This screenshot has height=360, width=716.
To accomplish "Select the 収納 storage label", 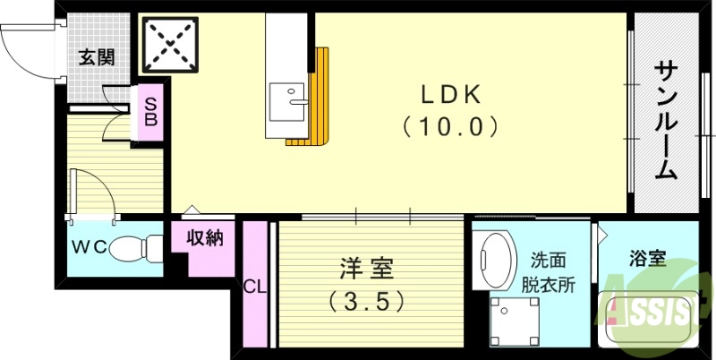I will point(204,239).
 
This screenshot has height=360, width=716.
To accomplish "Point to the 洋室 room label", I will point(366,268).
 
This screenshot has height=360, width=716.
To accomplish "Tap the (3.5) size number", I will point(366,300).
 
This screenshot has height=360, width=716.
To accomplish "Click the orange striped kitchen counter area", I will point(320,99).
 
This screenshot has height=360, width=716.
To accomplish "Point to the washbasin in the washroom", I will point(494,260).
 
